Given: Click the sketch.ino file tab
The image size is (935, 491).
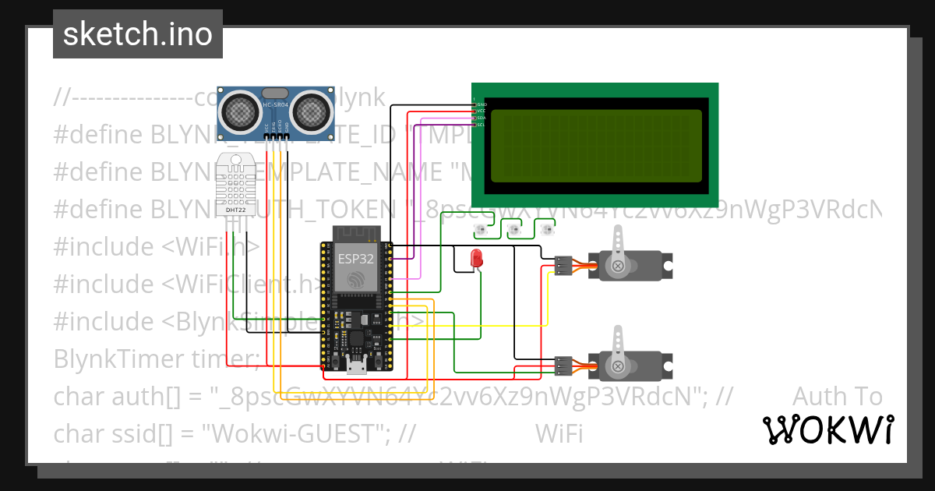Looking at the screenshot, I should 137,34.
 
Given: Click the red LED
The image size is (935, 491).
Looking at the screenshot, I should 476,259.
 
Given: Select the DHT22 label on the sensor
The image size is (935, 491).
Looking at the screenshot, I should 237,209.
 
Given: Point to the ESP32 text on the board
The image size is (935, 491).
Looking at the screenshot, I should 356,256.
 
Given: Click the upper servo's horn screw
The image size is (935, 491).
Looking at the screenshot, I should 618,267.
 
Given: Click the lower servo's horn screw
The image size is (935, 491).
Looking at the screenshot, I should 618,366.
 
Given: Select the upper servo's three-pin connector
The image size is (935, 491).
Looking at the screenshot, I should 563,267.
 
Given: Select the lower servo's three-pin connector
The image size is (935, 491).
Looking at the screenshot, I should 563,366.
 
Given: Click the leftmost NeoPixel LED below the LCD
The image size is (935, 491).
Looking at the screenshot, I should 480,230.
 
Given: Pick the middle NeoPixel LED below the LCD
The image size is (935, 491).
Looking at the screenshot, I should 513,230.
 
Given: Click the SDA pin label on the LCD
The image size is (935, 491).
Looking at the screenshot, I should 481,118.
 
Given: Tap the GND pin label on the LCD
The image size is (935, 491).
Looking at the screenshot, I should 481,104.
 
